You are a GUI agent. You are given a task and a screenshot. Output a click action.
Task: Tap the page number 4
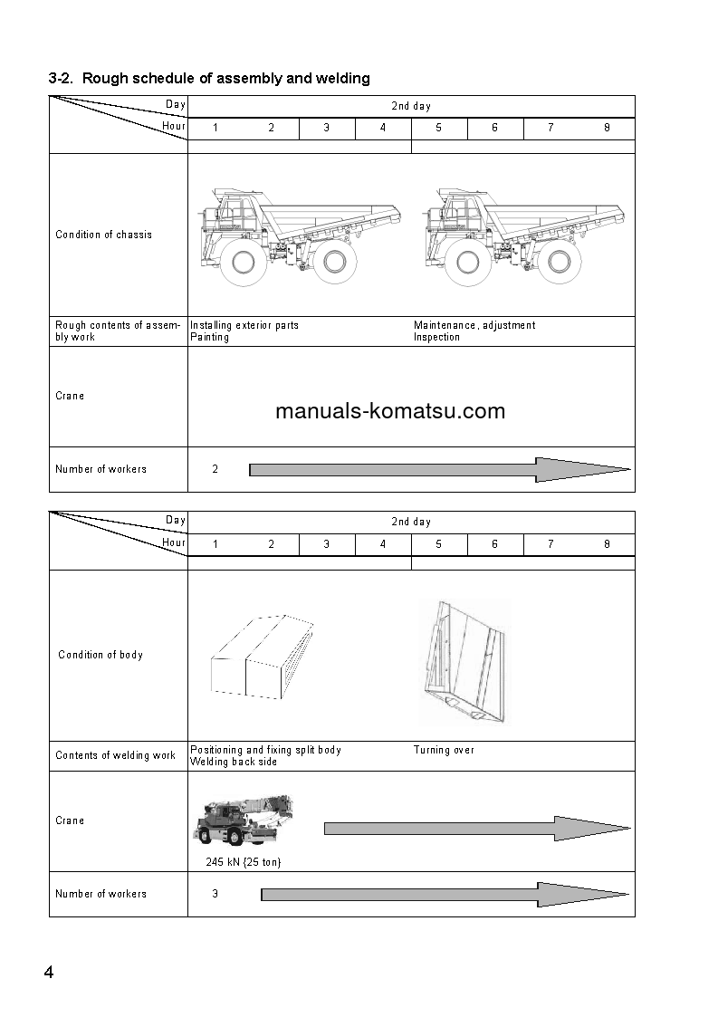click(x=49, y=973)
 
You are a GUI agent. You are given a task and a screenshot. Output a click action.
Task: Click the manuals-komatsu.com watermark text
click(x=389, y=412)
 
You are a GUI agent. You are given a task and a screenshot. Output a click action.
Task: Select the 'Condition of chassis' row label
click(x=104, y=235)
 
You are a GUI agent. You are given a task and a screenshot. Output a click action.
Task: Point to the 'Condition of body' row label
click(x=101, y=655)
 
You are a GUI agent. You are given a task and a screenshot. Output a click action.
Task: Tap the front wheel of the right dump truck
click(x=468, y=263)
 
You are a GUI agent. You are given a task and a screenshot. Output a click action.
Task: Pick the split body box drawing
click(x=262, y=656)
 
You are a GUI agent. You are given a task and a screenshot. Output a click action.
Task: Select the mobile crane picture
click(x=242, y=820)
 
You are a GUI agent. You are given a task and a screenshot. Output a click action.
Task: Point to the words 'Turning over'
click(x=444, y=750)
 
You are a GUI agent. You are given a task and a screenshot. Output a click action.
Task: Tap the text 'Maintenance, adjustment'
click(x=474, y=325)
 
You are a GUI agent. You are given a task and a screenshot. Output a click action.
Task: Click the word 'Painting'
click(x=209, y=337)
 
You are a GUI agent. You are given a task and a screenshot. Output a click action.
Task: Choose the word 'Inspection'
click(x=436, y=337)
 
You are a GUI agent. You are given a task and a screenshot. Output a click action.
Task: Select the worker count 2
click(x=215, y=469)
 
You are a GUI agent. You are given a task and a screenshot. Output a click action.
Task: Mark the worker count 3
click(x=215, y=894)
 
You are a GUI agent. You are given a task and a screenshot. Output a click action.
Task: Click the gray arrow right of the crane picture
click(x=475, y=829)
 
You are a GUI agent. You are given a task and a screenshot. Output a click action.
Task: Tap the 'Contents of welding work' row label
click(x=115, y=755)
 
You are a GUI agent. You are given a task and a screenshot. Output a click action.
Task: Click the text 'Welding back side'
click(x=234, y=762)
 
